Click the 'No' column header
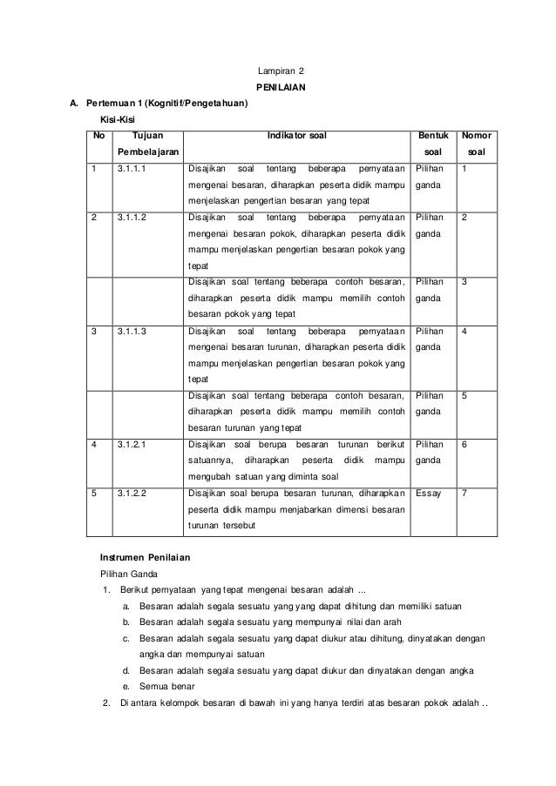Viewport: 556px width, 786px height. [98, 136]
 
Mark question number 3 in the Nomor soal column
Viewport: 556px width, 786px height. [464, 282]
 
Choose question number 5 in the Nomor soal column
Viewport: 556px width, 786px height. [464, 395]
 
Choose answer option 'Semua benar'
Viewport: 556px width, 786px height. [166, 686]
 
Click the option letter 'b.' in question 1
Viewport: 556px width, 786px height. [127, 622]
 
